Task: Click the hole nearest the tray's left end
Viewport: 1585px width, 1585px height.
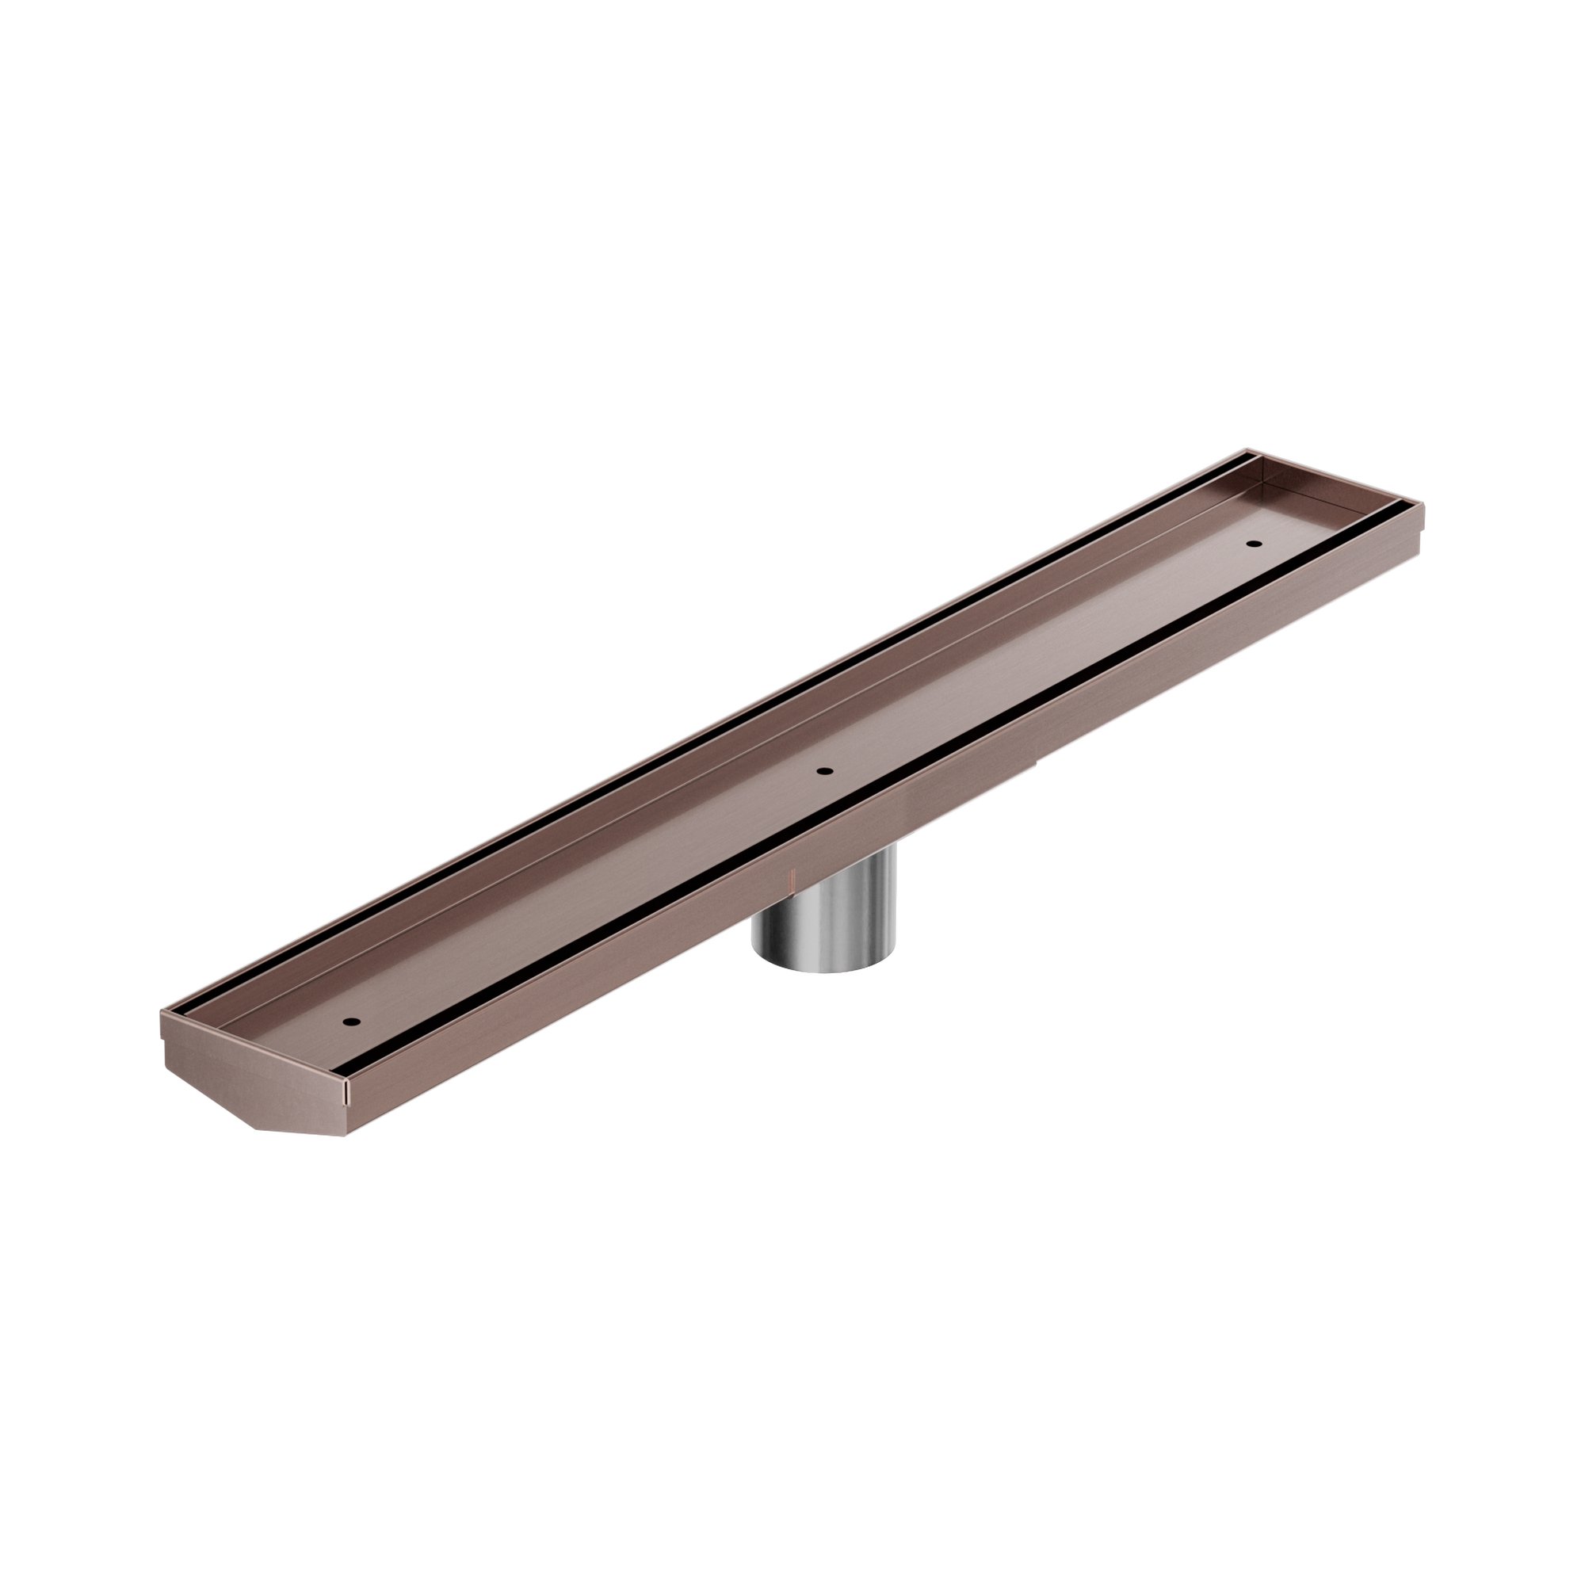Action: [x=353, y=1022]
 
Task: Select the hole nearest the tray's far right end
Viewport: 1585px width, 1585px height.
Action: [x=1252, y=543]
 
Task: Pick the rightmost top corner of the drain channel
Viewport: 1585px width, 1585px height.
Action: [x=1425, y=498]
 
